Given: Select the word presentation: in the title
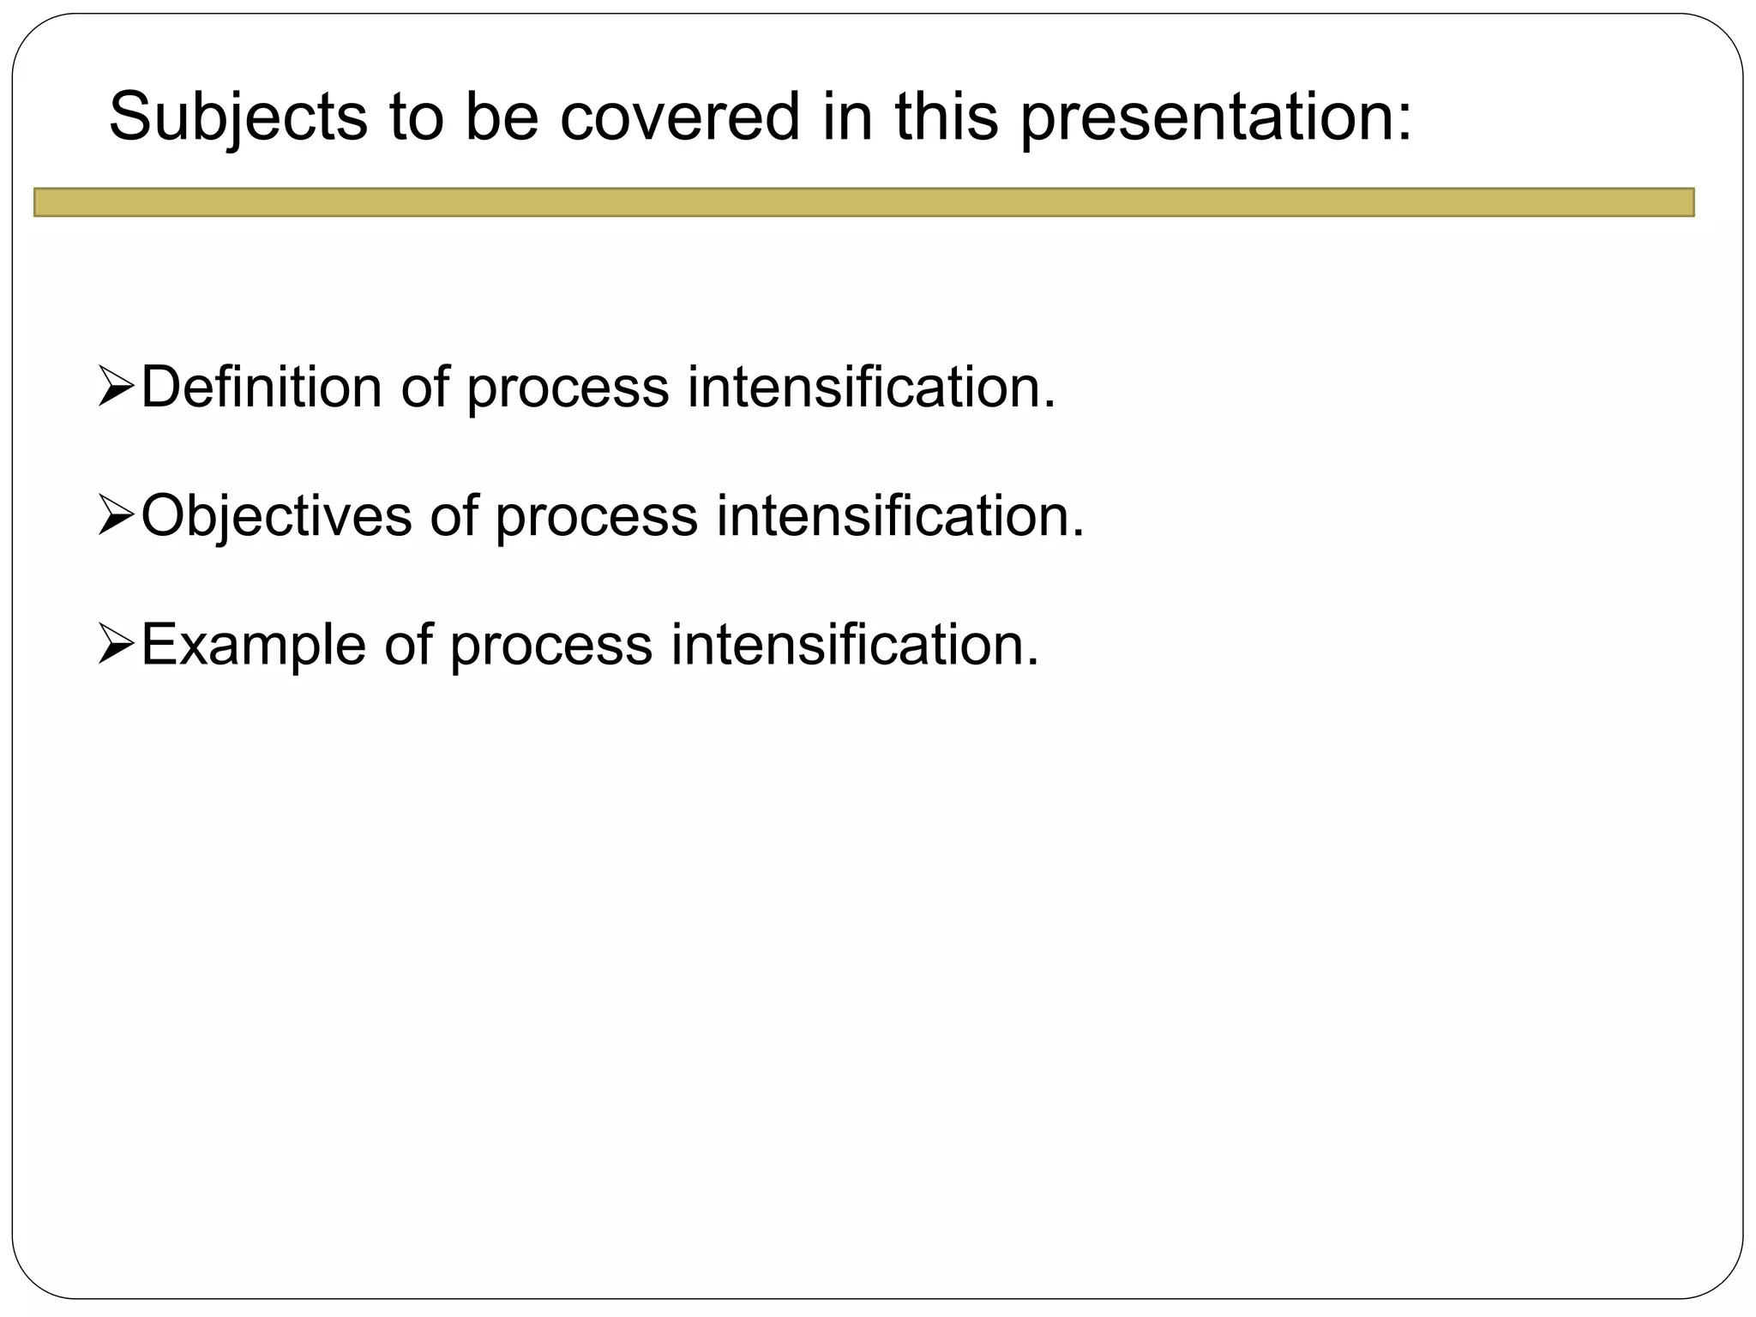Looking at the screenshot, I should (x=1216, y=117).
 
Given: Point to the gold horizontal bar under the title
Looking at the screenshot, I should (x=863, y=202).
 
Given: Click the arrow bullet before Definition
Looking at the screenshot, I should (x=117, y=387).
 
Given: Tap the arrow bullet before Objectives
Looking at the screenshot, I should (x=117, y=516).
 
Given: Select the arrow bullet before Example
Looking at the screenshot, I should (x=117, y=645).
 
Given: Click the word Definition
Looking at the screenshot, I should (x=262, y=387).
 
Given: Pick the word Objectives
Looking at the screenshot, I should (x=276, y=516).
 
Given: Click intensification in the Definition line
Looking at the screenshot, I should (x=871, y=387).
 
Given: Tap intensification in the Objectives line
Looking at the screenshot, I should (x=900, y=516).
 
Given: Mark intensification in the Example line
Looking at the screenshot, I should (x=855, y=645).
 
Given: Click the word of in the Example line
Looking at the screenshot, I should (x=408, y=645).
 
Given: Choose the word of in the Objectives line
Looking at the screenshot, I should (x=454, y=516).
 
